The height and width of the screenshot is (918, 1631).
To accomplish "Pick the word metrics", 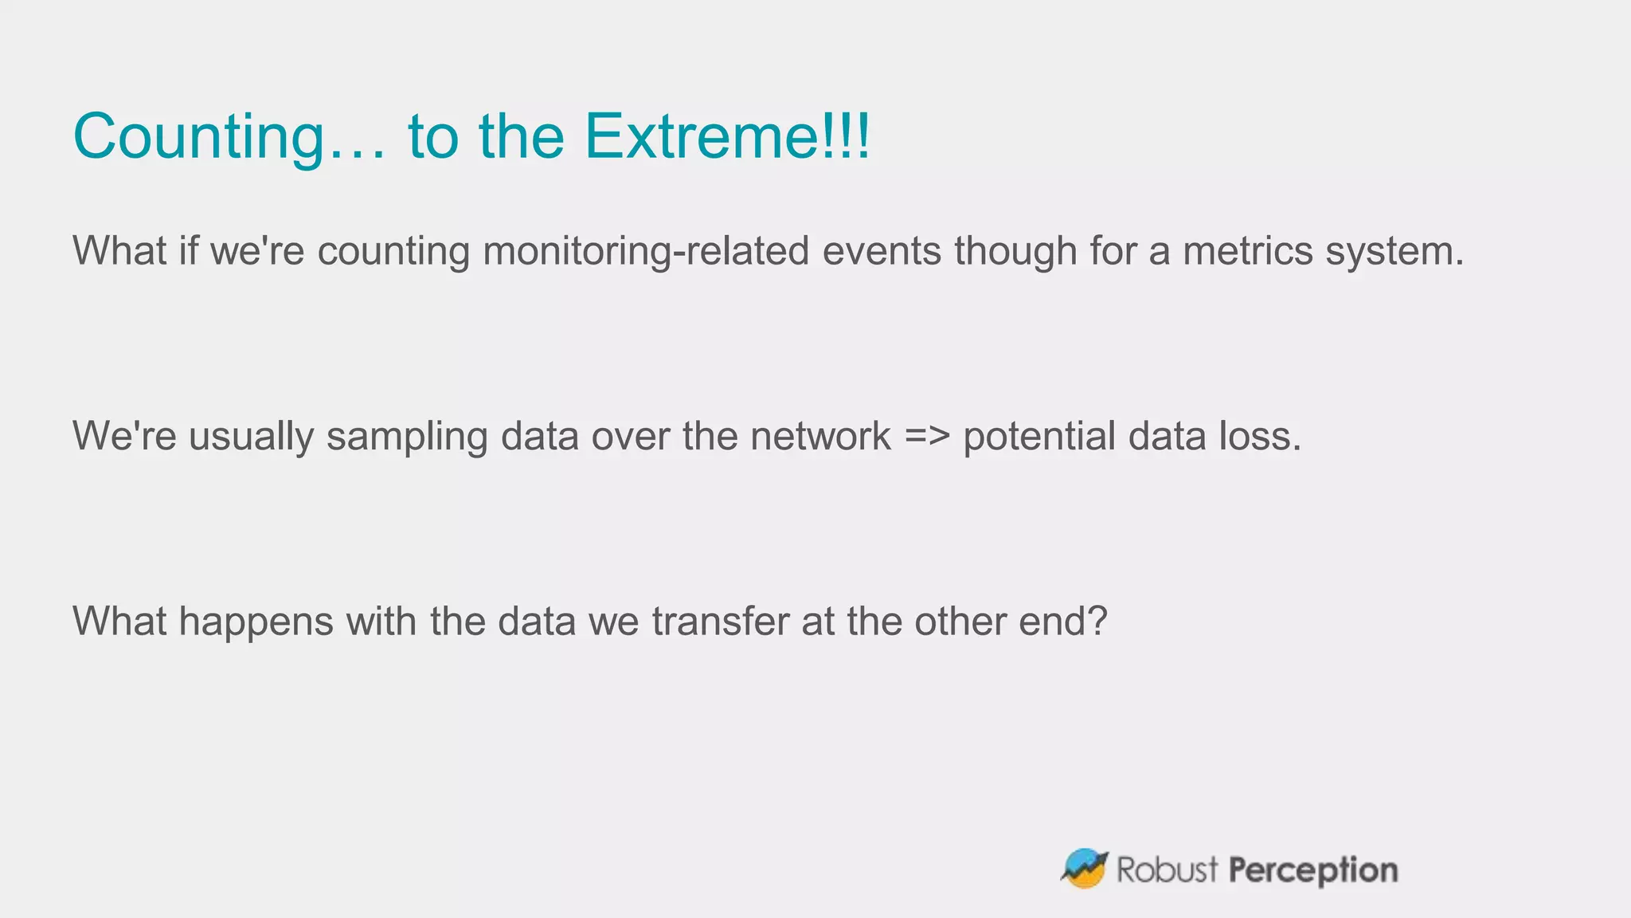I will tap(1247, 251).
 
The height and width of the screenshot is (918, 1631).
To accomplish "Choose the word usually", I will tap(251, 437).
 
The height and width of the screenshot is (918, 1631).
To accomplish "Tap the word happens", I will tap(256, 622).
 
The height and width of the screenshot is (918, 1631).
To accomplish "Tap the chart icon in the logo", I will tap(1084, 869).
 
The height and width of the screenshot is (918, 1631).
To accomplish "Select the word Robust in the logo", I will tap(1167, 869).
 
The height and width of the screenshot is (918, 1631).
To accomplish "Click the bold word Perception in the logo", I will tap(1313, 870).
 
